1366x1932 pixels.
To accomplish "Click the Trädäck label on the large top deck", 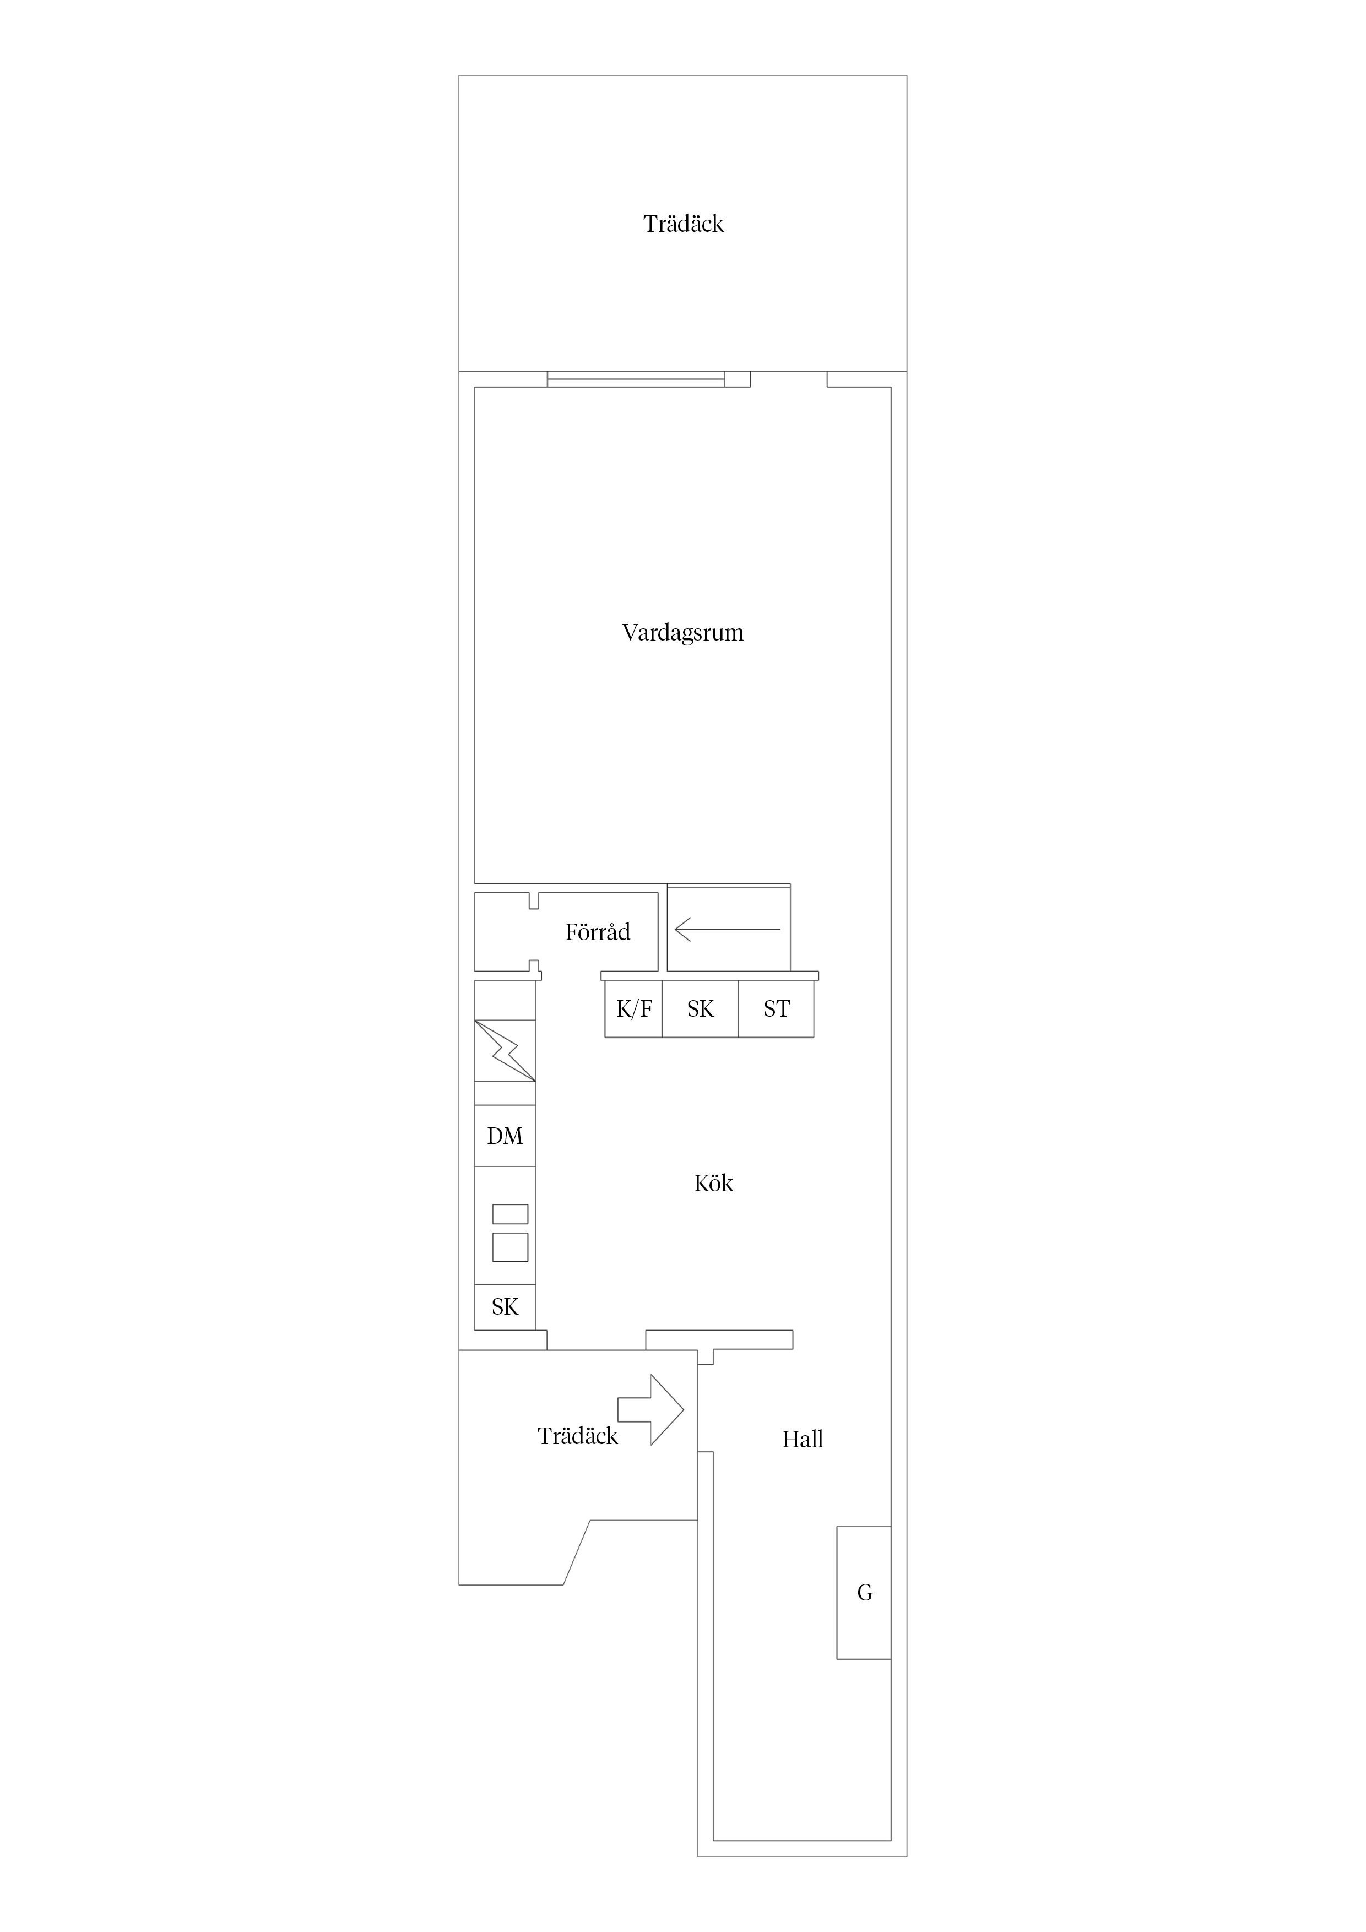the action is (x=684, y=224).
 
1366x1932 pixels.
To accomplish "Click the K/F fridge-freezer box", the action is (x=634, y=1009).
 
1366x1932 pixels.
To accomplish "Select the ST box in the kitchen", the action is (x=776, y=1009).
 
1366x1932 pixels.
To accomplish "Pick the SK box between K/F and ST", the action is (x=700, y=1009).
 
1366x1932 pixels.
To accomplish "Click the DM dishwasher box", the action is (x=505, y=1136).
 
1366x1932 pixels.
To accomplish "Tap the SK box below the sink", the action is (x=505, y=1307).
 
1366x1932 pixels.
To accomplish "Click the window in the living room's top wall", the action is (x=636, y=379).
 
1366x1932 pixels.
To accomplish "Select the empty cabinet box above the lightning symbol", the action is (x=505, y=1001).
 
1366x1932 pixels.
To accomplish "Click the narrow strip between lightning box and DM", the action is (x=505, y=1093).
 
